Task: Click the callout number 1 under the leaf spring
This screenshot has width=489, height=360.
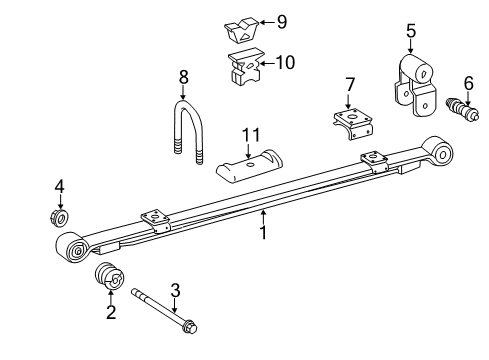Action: coord(264,233)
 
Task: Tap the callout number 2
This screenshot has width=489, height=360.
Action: coord(111,313)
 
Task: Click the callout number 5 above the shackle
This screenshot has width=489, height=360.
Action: coord(410,31)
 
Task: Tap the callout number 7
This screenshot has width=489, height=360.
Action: coord(350,83)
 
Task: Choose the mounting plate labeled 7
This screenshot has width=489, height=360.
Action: coord(352,126)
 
